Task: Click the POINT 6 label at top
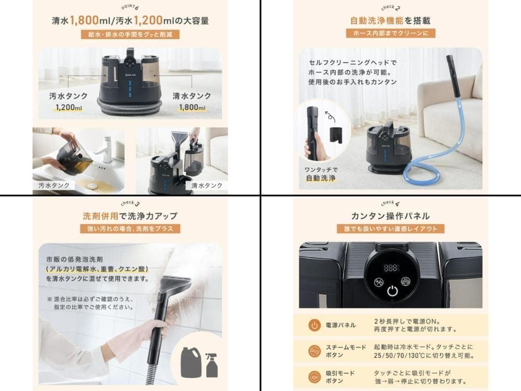(130, 8)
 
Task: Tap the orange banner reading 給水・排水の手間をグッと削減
(130, 34)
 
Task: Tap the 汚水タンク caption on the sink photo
(54, 185)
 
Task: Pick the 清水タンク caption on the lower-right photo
(206, 185)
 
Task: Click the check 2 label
(390, 7)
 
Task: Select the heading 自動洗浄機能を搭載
(390, 21)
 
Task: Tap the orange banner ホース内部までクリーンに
(390, 33)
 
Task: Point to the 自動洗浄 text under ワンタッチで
(320, 178)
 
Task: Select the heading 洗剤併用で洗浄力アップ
(130, 216)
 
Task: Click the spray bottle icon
(212, 365)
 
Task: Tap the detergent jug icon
(190, 363)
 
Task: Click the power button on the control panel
(392, 291)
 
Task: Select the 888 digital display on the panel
(392, 267)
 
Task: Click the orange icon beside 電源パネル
(315, 325)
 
